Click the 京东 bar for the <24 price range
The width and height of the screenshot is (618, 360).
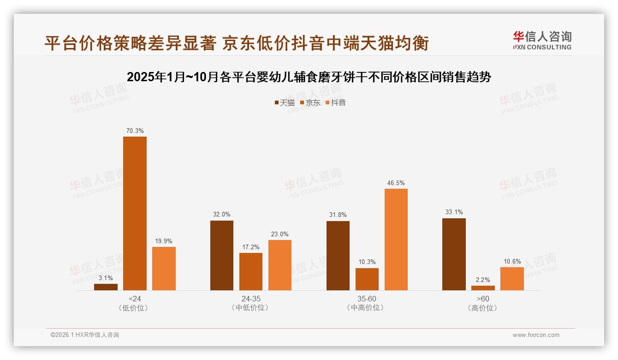coord(135,213)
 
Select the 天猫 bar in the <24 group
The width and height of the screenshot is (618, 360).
coord(106,287)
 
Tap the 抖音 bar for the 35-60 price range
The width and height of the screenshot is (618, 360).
coord(396,239)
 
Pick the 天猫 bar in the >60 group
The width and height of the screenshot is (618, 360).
coord(454,254)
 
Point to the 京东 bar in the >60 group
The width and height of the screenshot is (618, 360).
coord(483,288)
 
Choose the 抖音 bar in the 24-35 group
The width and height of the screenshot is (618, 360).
coord(280,265)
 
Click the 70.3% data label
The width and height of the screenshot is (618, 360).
coord(135,131)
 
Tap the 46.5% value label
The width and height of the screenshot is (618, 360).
coord(396,183)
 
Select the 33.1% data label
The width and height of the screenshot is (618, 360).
coord(454,212)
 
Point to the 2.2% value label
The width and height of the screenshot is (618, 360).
coord(483,280)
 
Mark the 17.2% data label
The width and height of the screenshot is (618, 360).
coord(251,247)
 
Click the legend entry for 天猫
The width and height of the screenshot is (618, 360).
coord(284,102)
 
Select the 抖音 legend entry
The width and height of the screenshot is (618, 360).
coord(335,102)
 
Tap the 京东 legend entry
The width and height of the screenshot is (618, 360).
coord(310,102)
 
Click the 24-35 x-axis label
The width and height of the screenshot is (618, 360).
coord(250,299)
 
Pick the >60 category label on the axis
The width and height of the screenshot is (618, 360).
coord(483,299)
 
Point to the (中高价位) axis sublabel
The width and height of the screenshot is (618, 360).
coord(367,308)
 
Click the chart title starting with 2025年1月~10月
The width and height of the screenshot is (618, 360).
coord(309,77)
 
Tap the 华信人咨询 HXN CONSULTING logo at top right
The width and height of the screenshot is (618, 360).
coord(542,41)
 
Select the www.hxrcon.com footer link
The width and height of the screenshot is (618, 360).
coord(536,335)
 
